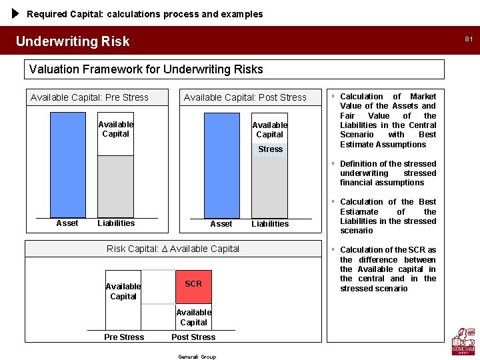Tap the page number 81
[469, 39]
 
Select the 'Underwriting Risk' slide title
[73, 41]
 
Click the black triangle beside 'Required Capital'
[16, 13]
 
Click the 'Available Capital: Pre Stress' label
[89, 97]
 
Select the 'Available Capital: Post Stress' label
[245, 97]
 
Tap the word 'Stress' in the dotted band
[270, 149]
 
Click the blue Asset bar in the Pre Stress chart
[67, 163]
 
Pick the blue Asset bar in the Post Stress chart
[221, 165]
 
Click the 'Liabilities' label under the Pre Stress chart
[116, 223]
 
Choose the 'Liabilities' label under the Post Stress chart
[270, 224]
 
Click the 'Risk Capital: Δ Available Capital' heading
[173, 249]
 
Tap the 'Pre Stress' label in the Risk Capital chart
[124, 337]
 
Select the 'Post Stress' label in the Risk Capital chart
[193, 337]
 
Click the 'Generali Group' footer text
[197, 357]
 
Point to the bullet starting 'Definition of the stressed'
[388, 173]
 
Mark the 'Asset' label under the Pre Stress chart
[67, 223]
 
